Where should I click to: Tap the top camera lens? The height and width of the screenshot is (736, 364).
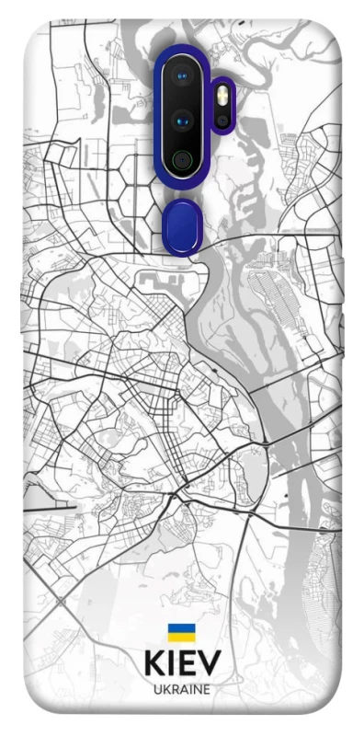pos(183,75)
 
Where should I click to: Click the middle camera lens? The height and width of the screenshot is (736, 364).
pos(183,120)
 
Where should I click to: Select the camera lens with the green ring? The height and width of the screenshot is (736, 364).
pos(183,160)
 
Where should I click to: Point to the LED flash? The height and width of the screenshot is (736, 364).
pos(222,95)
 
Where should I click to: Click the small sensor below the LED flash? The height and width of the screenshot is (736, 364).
pos(222,121)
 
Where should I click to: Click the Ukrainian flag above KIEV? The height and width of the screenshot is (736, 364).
pos(181,632)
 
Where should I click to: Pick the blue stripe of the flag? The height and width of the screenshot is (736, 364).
pos(181,627)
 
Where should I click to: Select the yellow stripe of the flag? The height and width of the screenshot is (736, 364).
pos(181,637)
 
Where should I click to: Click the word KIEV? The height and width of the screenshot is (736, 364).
pos(182,664)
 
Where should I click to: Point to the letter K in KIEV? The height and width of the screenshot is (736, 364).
pos(155,664)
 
